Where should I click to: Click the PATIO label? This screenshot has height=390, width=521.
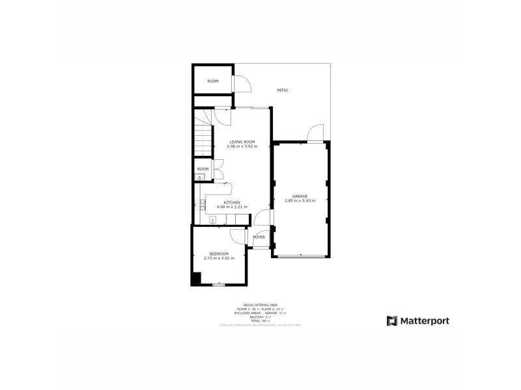coord(282,90)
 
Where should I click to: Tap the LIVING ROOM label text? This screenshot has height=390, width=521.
coord(242,142)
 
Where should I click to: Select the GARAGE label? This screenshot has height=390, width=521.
coord(300,196)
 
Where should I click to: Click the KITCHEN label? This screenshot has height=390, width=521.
coord(232,203)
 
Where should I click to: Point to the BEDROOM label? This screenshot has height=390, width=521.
coord(219,253)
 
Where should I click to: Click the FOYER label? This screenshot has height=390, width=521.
coord(259,237)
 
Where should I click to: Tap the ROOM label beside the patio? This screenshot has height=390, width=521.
coord(213,81)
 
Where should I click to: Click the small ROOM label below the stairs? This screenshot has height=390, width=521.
coord(203,169)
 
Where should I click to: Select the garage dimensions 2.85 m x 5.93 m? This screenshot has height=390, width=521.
coord(300,201)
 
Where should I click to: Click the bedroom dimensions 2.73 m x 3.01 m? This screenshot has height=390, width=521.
coord(219,258)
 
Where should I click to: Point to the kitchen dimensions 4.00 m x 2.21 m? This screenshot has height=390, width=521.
coord(232,207)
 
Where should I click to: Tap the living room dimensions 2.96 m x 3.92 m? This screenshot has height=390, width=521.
coord(242,146)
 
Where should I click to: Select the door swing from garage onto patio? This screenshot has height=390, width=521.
coord(316,132)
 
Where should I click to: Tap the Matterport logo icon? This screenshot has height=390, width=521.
coord(392,320)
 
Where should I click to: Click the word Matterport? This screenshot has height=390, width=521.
coord(424,320)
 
